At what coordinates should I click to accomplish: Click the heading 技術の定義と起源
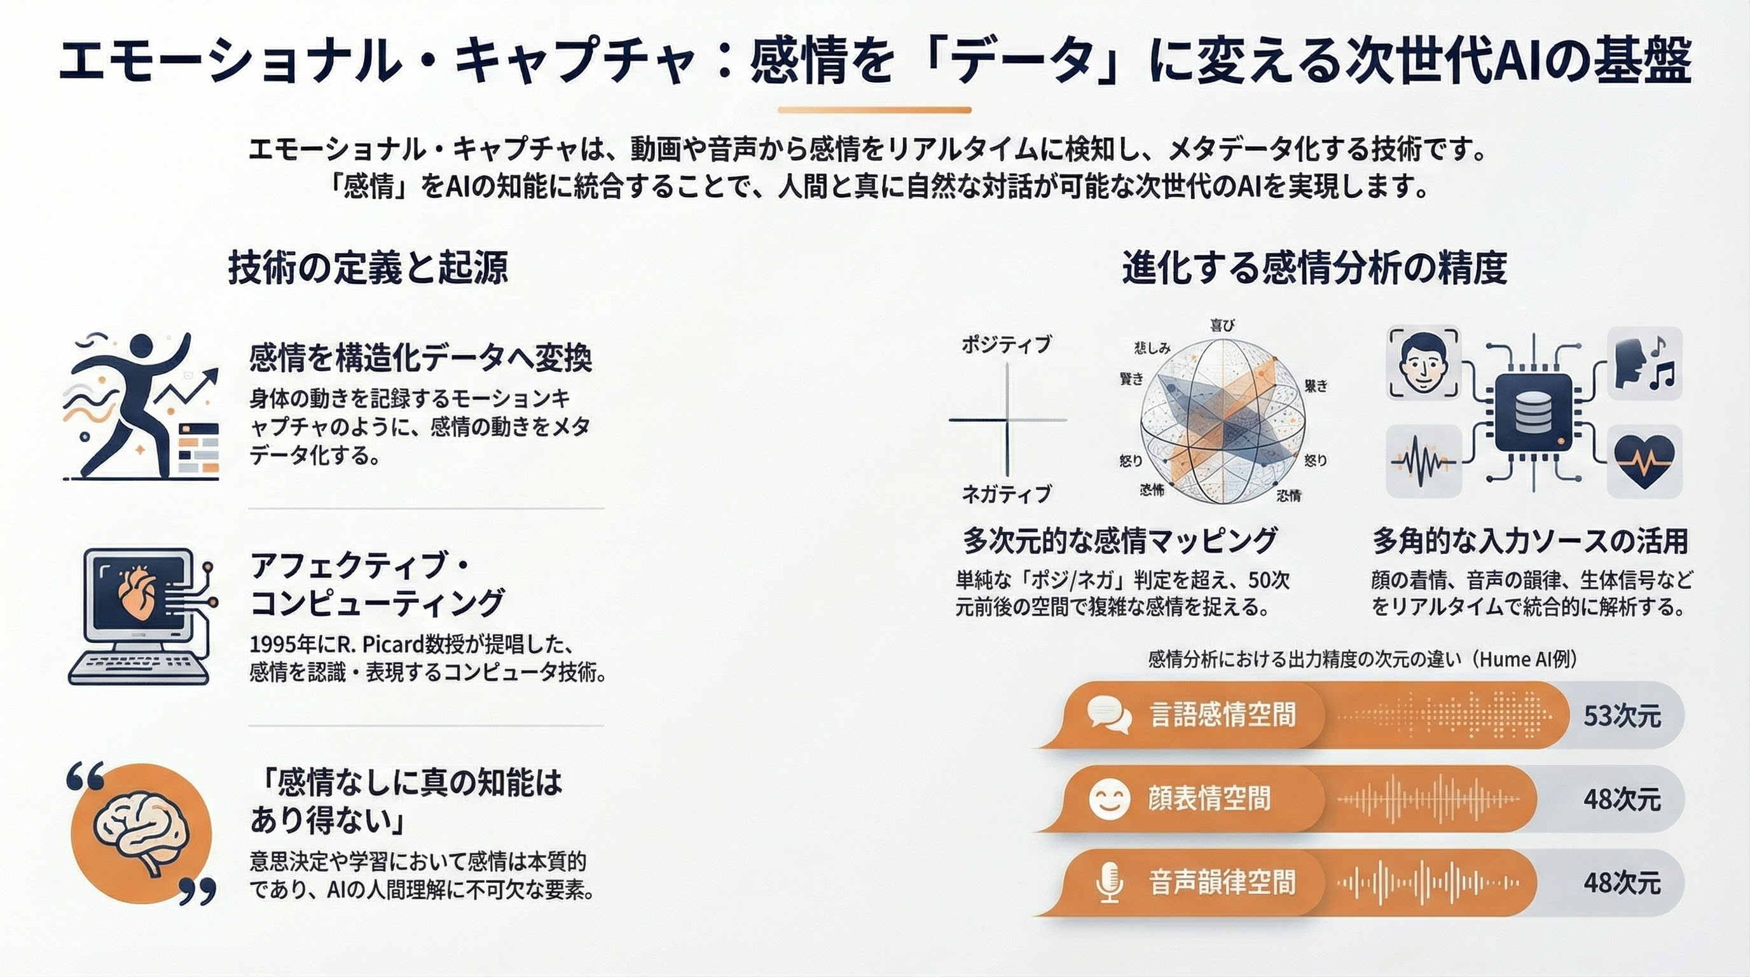(368, 268)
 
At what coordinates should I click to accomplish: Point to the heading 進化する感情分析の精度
(1314, 268)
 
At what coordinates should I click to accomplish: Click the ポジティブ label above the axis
(1006, 345)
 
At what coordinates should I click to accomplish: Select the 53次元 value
(1622, 716)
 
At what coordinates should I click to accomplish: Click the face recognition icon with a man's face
(1423, 363)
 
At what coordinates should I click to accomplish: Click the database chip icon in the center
(1533, 412)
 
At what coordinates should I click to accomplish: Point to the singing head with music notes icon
(1644, 363)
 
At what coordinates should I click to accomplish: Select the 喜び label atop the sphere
(1222, 326)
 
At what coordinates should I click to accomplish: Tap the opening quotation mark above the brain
(86, 776)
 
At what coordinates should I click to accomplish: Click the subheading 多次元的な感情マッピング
(1120, 541)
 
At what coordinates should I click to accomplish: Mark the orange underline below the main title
(874, 109)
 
